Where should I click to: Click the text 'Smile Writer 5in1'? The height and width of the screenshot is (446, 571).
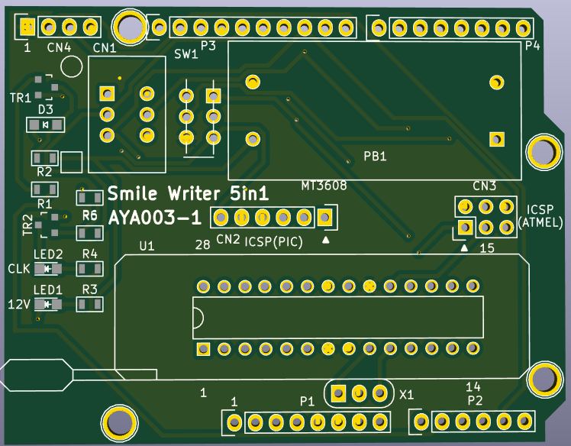(188, 193)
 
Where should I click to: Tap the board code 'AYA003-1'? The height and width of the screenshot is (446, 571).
(155, 218)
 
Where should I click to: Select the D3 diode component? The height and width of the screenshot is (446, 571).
(46, 125)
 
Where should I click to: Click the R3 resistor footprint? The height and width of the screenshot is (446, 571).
(89, 304)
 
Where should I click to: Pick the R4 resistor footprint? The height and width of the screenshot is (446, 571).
(89, 269)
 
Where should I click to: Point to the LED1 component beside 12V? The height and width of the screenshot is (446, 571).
(47, 304)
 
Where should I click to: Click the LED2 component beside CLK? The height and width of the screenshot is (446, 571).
(47, 269)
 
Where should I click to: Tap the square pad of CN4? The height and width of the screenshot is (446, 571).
(27, 27)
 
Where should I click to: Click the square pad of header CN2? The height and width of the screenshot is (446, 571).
(324, 218)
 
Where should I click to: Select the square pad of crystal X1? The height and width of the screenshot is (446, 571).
(338, 393)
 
